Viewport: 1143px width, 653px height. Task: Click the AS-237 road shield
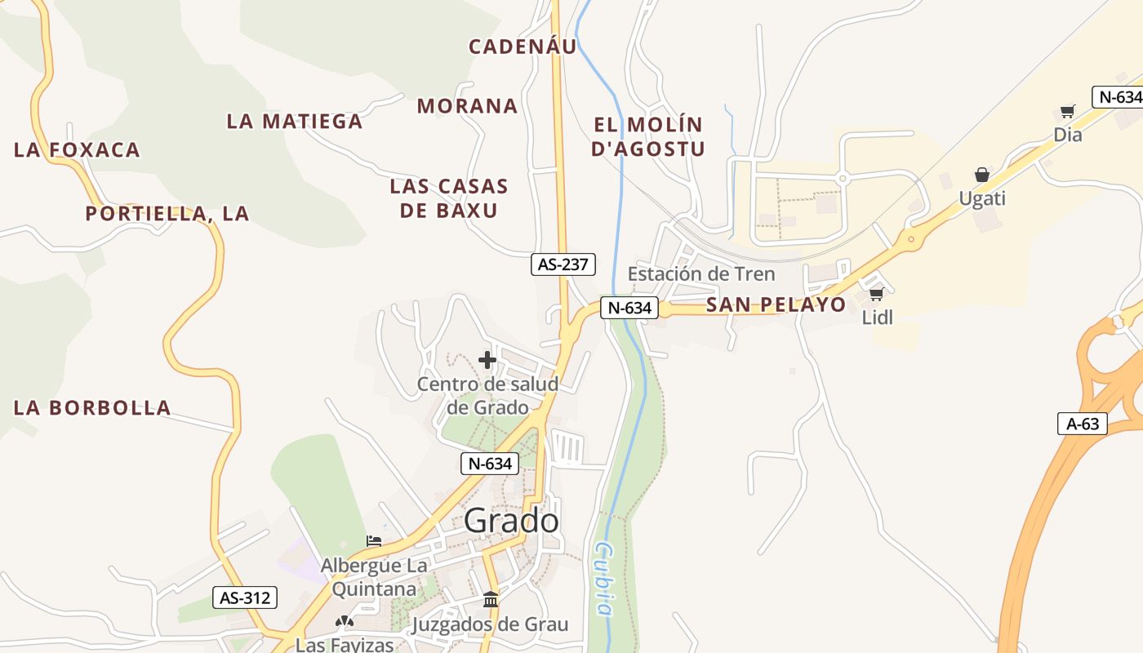[x=563, y=264]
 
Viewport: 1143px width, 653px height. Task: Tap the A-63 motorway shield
[x=1083, y=424]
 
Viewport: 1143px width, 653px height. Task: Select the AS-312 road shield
[x=245, y=597]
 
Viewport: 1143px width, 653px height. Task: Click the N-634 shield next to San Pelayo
[x=629, y=308]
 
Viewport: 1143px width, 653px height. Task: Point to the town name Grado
[x=512, y=521]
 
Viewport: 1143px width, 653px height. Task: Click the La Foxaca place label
[x=78, y=150]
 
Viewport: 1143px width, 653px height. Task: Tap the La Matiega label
[x=294, y=122]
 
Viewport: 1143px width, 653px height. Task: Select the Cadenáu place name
[x=523, y=47]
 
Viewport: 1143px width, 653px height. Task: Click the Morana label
[x=467, y=106]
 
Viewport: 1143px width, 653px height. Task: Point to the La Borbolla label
[x=92, y=408]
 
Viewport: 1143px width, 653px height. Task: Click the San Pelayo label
[x=776, y=305]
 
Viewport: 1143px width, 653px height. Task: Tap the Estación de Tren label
[x=701, y=273]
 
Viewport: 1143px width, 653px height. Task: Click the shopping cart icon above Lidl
[x=876, y=294]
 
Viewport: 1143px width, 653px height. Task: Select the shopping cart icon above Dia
[x=1067, y=111]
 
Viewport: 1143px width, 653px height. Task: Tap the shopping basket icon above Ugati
[x=982, y=175]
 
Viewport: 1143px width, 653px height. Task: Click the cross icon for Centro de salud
[x=487, y=360]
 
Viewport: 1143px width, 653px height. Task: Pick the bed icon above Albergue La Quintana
[x=374, y=541]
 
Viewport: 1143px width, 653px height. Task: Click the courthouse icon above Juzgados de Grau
[x=491, y=600]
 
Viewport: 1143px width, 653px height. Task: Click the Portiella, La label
[x=167, y=214]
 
